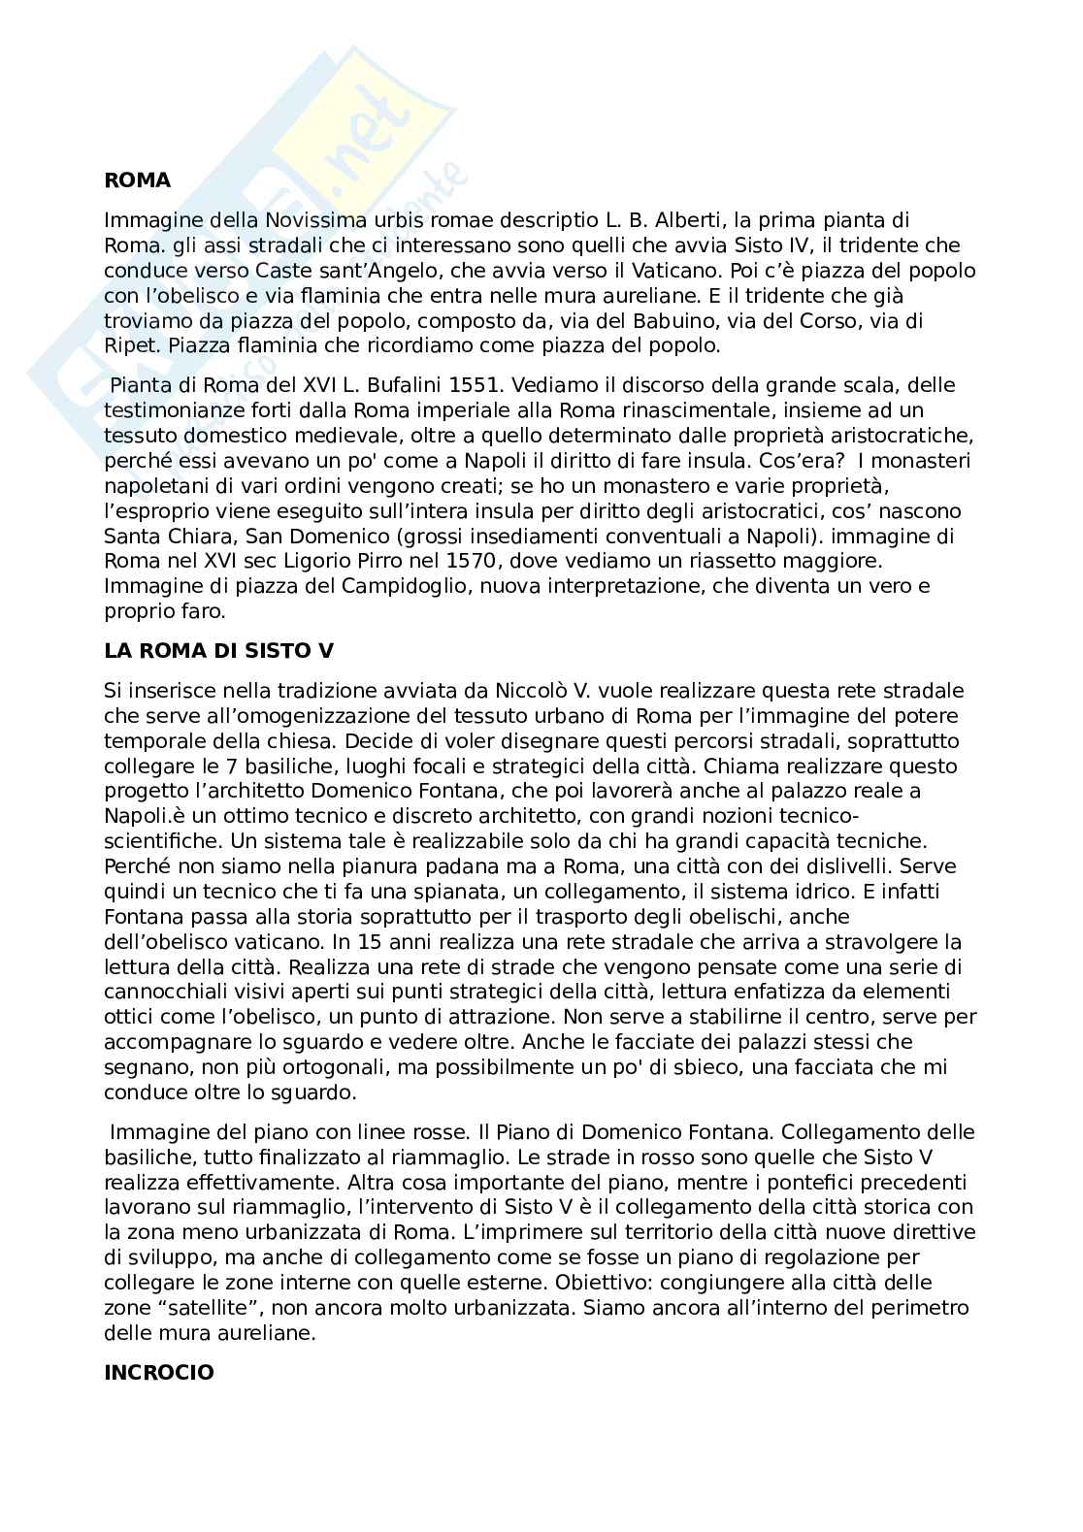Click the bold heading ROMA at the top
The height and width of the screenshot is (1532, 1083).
click(137, 180)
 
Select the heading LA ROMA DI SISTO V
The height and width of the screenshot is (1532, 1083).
click(218, 652)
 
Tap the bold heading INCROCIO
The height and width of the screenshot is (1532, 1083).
click(159, 1373)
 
